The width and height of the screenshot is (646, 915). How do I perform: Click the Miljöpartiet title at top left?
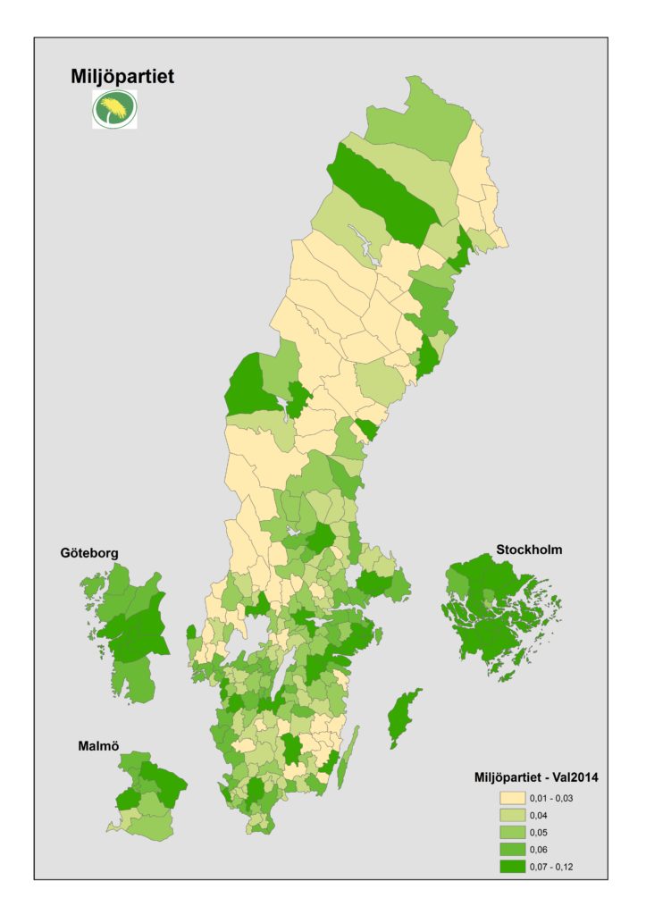[122, 78]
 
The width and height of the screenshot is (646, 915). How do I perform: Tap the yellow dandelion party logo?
[115, 110]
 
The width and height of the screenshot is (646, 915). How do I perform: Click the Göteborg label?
[90, 553]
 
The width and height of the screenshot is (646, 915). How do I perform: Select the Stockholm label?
[529, 550]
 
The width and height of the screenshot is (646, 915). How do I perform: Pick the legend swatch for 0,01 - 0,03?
[513, 798]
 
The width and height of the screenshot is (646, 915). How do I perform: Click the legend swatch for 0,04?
[513, 815]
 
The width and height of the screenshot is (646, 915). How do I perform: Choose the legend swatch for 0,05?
[513, 832]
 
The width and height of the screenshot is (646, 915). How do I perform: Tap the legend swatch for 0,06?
[513, 849]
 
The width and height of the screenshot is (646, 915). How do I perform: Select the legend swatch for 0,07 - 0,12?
[513, 866]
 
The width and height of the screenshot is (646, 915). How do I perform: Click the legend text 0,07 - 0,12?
[556, 866]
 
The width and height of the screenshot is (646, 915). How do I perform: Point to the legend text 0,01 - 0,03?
[556, 798]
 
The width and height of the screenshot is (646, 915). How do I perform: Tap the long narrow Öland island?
[349, 756]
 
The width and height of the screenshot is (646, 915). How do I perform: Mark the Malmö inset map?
[147, 795]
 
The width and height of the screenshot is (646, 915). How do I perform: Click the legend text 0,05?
[541, 832]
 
